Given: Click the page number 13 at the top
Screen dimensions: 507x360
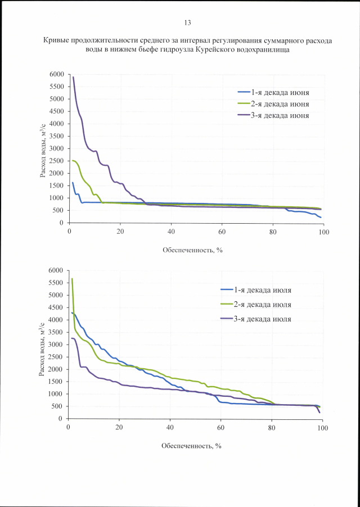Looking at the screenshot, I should (x=187, y=22).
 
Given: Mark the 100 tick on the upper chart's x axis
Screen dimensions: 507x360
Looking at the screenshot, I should (x=323, y=230).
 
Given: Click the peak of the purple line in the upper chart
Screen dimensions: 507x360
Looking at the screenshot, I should (x=73, y=77).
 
